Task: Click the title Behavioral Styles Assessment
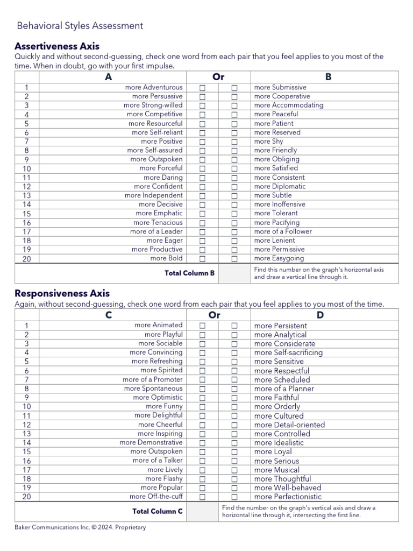pyautogui.click(x=80, y=25)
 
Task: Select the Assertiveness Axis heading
pyautogui.click(x=57, y=46)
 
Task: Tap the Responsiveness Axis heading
pyautogui.click(x=62, y=293)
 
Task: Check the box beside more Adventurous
pyautogui.click(x=203, y=88)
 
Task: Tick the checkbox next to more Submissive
pyautogui.click(x=234, y=88)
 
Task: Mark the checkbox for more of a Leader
pyautogui.click(x=203, y=232)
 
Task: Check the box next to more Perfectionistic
pyautogui.click(x=234, y=497)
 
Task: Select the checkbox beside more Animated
pyautogui.click(x=203, y=326)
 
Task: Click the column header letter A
pyautogui.click(x=109, y=77)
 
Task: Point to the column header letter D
pyautogui.click(x=321, y=315)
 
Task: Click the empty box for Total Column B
pyautogui.click(x=234, y=273)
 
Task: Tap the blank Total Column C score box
pyautogui.click(x=202, y=512)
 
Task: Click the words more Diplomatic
pyautogui.click(x=280, y=187)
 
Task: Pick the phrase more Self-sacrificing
pyautogui.click(x=288, y=353)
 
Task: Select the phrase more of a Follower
pyautogui.click(x=283, y=231)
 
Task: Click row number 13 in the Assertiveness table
pyautogui.click(x=27, y=196)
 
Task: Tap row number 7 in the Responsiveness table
pyautogui.click(x=27, y=380)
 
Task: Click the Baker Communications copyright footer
pyautogui.click(x=80, y=527)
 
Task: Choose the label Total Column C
pyautogui.click(x=157, y=511)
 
